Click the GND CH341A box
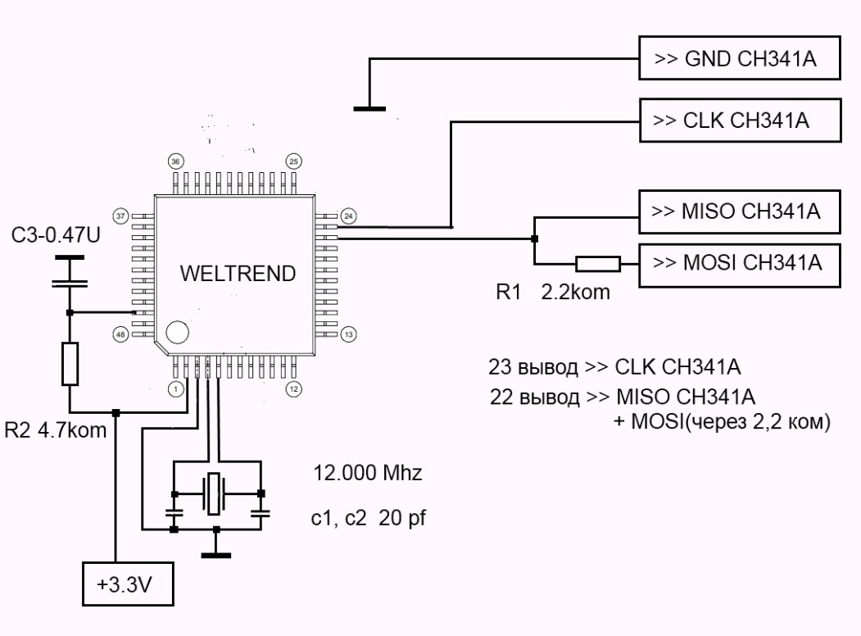[x=740, y=58]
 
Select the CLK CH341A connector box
[x=741, y=120]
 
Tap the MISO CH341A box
[x=740, y=211]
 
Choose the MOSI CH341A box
[x=740, y=266]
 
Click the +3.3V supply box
[x=128, y=584]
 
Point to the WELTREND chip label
[x=238, y=274]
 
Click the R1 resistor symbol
[x=598, y=264]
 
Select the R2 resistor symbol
[x=70, y=364]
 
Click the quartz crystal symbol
[x=214, y=493]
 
